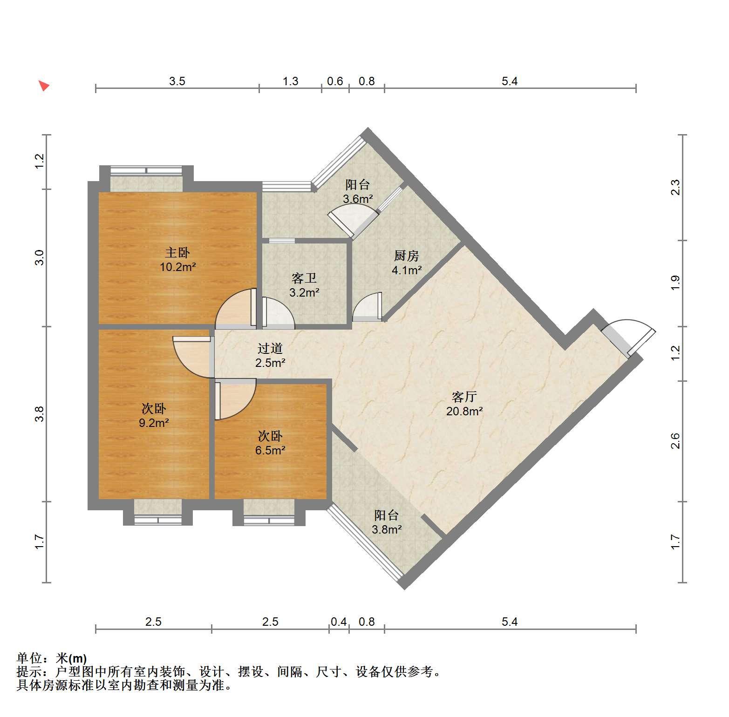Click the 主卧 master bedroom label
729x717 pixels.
[177, 253]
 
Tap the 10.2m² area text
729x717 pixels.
[177, 267]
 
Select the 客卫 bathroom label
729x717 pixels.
[304, 278]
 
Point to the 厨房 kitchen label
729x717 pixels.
[407, 256]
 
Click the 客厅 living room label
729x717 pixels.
[464, 397]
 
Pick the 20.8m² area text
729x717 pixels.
[464, 411]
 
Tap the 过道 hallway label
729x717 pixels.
[270, 348]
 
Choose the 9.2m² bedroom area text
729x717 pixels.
[154, 423]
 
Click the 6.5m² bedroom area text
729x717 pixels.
[270, 450]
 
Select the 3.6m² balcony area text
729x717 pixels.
[358, 199]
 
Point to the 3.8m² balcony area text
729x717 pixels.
[387, 529]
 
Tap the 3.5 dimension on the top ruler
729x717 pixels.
[177, 81]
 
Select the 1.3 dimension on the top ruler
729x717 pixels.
[290, 81]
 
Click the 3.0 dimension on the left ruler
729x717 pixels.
[40, 257]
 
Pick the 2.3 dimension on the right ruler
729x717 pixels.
[675, 187]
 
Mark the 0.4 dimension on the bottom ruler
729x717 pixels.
[339, 622]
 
